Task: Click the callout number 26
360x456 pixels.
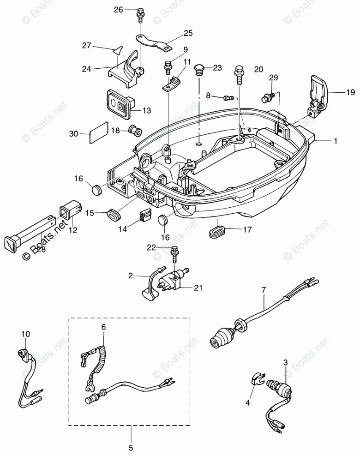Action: pos(119,9)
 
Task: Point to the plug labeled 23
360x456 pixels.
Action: pos(200,69)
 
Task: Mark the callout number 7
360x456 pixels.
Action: pos(263,290)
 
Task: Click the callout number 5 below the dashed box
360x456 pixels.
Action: pos(131,447)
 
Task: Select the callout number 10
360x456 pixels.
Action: pos(25,334)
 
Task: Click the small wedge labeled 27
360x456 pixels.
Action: pos(119,50)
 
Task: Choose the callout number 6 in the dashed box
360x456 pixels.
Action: pos(103,327)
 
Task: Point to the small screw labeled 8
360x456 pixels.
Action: pos(227,97)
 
